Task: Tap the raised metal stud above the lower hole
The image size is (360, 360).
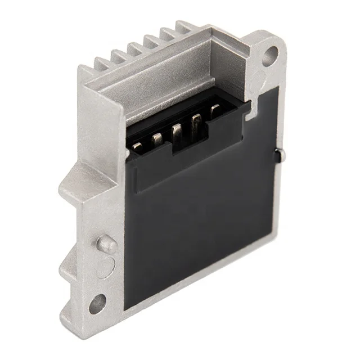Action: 106,244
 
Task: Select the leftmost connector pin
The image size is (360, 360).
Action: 137,147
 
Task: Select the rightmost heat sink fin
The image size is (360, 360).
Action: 183,26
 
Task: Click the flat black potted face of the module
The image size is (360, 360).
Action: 208,225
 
